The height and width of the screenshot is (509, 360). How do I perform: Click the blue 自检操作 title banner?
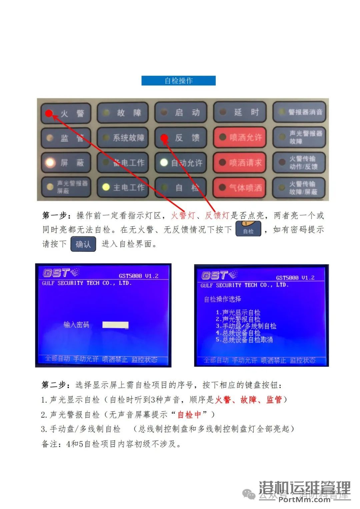(x=178, y=81)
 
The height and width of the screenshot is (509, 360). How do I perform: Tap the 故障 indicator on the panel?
(x=122, y=113)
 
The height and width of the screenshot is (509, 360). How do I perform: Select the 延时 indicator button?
(x=239, y=112)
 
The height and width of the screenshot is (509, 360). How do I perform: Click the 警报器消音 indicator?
(x=299, y=112)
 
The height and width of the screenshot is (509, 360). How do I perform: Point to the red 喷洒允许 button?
(x=239, y=137)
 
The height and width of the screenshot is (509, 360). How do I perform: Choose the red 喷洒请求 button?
(x=239, y=163)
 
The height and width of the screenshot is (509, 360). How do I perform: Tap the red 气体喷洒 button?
(x=239, y=188)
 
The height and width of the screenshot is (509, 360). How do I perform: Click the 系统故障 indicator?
(x=122, y=137)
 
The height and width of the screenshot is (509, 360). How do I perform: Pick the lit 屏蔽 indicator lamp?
(x=50, y=163)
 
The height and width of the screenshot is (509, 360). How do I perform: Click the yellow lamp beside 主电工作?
(x=106, y=187)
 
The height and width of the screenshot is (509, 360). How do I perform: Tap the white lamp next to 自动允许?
(x=164, y=162)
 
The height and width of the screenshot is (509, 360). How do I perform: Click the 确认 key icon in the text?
(x=83, y=244)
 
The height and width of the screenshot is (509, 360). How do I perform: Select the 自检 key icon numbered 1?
(x=248, y=229)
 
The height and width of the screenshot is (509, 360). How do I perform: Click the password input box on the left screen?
(x=115, y=325)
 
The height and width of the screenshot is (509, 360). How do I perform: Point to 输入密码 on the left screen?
(x=76, y=325)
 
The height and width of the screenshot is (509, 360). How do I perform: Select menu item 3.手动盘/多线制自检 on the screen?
(x=246, y=326)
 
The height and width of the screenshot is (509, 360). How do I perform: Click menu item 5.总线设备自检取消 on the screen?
(x=244, y=340)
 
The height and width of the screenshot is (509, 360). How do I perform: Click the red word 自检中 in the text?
(x=189, y=414)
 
